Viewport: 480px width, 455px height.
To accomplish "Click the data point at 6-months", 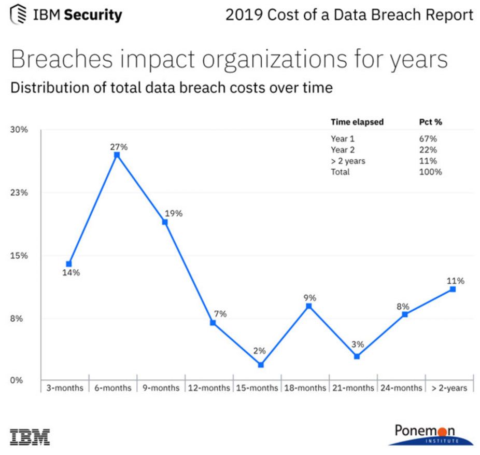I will click(x=117, y=155).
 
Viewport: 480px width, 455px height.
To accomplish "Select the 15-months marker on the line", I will click(x=261, y=365).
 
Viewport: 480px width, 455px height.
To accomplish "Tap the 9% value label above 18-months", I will click(x=310, y=298).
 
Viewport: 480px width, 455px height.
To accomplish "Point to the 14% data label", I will click(x=72, y=273).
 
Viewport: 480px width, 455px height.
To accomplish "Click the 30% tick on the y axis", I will click(x=20, y=130).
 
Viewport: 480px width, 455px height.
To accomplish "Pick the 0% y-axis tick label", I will click(x=17, y=380).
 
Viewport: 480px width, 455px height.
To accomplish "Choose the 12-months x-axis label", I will click(x=209, y=388).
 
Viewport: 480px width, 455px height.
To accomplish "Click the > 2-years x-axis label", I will click(x=449, y=388).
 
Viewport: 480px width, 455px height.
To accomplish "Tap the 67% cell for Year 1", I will click(x=428, y=139).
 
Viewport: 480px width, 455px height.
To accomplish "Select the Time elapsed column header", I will click(x=357, y=122).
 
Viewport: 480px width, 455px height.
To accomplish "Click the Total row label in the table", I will click(x=340, y=172).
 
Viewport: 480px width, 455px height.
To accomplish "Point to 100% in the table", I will click(x=430, y=172).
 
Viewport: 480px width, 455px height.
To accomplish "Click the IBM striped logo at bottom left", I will click(x=30, y=436).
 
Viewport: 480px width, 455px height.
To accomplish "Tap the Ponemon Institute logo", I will click(x=431, y=434).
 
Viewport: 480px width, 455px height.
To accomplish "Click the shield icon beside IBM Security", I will click(x=18, y=14).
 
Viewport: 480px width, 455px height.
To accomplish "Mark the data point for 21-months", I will click(x=357, y=356).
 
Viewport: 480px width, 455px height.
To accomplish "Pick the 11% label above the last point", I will click(x=456, y=281).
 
